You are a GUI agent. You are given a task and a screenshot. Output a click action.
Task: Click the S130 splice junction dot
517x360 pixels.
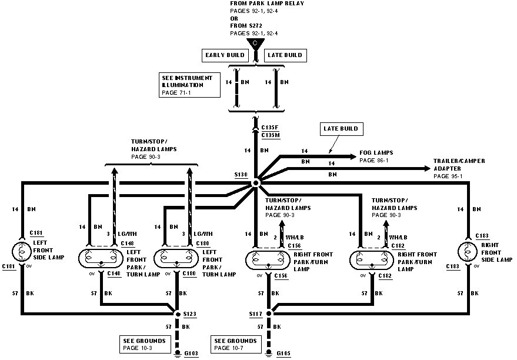[256, 184]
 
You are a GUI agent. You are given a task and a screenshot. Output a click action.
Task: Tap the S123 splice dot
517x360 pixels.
[178, 314]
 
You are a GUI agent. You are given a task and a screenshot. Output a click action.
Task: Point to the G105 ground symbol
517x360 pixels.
[269, 354]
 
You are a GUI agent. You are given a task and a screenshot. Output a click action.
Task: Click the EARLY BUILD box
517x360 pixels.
[225, 55]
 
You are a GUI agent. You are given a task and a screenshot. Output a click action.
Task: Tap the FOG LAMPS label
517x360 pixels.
[376, 156]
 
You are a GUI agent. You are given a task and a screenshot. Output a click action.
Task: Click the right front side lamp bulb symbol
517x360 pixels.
[468, 252]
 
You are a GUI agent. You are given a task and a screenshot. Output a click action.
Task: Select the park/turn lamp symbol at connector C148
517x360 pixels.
[101, 257]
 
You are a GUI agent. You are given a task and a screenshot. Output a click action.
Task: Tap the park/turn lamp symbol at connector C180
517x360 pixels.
[176, 257]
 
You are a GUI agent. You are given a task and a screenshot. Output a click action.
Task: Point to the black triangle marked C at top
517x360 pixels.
[255, 44]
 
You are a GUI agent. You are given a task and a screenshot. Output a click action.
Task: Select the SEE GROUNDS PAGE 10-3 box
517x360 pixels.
[141, 344]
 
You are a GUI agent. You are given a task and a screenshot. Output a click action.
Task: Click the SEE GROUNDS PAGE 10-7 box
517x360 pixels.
[236, 344]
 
